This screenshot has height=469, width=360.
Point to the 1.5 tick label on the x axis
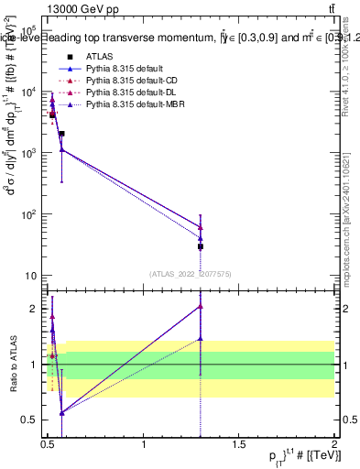239,444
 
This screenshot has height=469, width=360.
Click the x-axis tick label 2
334,444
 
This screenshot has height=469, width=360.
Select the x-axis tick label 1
144,444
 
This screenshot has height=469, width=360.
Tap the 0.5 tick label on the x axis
49,444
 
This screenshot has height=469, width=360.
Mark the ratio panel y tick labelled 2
35,309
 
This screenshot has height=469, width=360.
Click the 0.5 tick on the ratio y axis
31,420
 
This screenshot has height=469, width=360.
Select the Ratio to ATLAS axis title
12,364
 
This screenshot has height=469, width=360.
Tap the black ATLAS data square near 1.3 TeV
200,246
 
